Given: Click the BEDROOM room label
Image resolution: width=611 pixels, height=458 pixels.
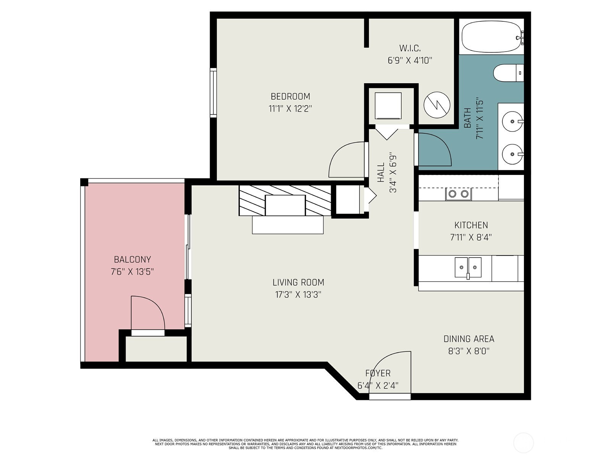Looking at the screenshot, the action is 290,96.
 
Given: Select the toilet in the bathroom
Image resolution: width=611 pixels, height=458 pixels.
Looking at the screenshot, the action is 508,73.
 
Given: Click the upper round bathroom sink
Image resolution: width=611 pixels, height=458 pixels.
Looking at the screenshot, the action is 512,121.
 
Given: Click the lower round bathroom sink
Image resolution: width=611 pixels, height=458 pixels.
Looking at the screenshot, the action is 512,154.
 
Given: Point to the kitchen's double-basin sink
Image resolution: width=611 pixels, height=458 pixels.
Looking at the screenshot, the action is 468,267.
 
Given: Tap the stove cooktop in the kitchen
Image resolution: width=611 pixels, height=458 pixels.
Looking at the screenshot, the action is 458,194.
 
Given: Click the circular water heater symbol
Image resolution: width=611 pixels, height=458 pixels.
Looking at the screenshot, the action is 437,105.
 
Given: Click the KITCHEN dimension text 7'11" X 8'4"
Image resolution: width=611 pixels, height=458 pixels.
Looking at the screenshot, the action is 471,237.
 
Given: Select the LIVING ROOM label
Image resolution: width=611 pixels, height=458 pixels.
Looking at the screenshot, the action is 298,282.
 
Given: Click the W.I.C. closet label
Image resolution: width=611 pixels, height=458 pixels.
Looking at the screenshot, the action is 410,48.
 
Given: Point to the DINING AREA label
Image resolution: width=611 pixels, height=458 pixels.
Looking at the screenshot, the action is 469,339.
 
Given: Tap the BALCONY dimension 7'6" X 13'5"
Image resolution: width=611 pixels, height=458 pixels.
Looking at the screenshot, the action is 132,272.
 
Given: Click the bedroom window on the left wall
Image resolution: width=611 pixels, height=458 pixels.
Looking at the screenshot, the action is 213,93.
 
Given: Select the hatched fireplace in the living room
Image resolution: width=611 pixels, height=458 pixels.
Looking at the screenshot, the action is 285,201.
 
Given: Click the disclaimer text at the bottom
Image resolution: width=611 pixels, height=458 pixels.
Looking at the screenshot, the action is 305,444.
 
